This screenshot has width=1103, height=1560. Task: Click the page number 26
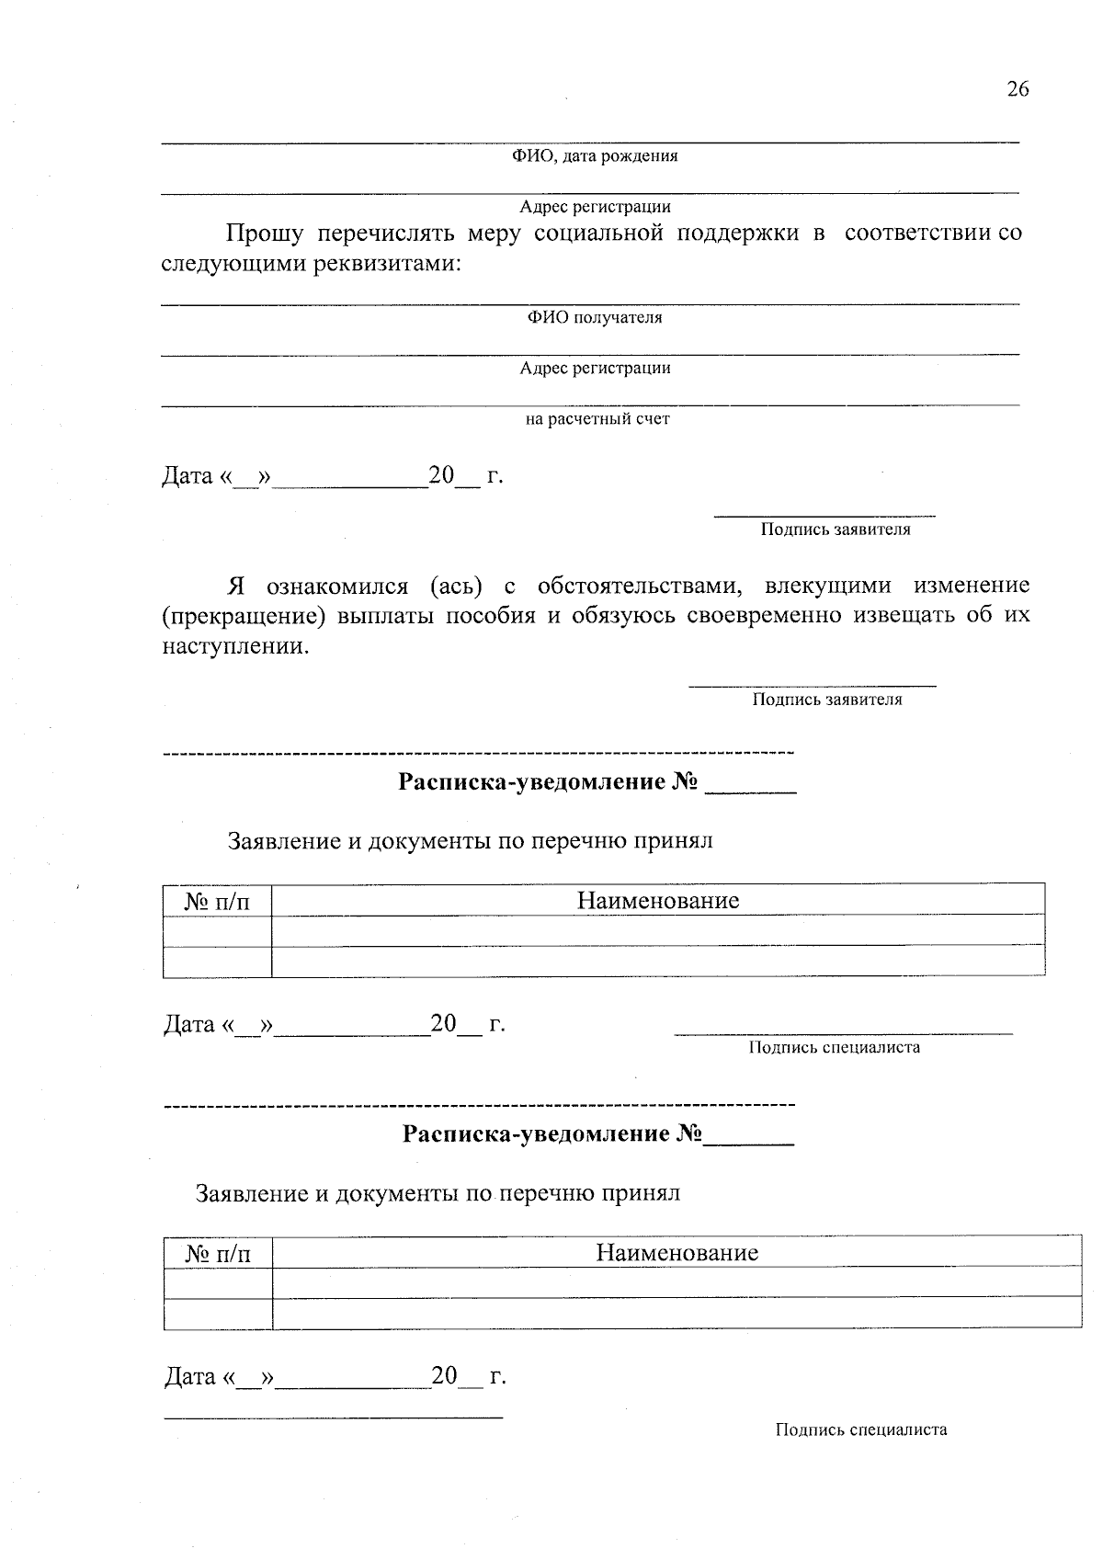pos(1018,89)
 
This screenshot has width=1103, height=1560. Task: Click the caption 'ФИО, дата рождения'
pos(595,156)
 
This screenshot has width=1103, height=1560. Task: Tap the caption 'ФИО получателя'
pos(595,318)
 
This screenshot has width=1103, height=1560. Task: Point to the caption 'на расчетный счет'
pos(597,419)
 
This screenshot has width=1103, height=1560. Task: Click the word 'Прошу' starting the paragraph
pos(265,233)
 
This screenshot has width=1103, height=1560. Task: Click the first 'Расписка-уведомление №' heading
pos(549,783)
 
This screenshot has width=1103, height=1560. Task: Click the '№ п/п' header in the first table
pos(217,902)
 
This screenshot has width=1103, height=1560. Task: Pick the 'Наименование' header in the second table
pos(677,1253)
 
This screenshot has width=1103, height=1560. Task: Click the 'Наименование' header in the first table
pos(658,901)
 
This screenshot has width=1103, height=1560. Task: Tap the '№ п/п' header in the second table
pos(218,1254)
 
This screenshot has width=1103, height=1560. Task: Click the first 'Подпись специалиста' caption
pos(834,1047)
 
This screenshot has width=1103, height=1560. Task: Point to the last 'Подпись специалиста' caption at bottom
pos(860,1429)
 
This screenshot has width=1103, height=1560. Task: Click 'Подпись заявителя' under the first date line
pos(835,530)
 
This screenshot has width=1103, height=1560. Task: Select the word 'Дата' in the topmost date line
pos(188,476)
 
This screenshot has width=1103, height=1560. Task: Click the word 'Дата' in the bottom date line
pos(189,1376)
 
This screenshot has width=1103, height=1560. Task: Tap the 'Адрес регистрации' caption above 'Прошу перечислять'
pos(595,208)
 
